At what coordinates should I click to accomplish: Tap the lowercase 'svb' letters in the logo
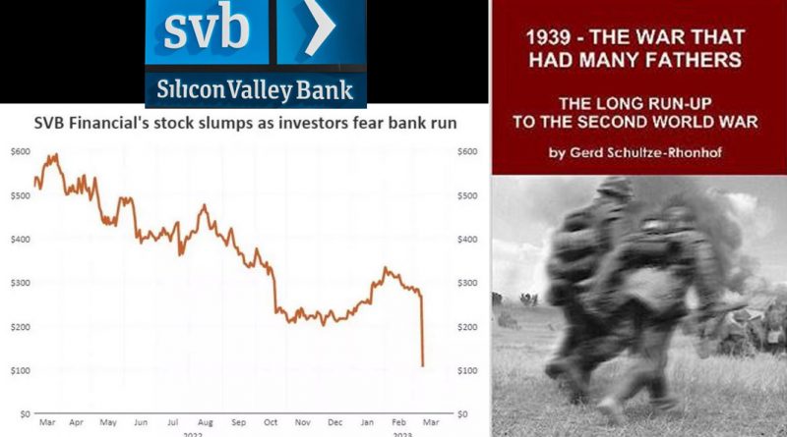[207, 29]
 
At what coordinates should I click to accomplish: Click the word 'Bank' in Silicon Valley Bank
[325, 90]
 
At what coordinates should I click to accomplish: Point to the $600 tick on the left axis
[21, 151]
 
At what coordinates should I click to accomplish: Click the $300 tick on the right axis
[466, 283]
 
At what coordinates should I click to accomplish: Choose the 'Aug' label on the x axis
[206, 422]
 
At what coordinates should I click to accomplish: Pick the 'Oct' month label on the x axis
[271, 422]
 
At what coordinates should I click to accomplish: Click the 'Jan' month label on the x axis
[367, 422]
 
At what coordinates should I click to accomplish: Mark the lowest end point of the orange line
[423, 366]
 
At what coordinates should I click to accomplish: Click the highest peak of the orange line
[56, 155]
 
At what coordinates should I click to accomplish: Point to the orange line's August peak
[205, 205]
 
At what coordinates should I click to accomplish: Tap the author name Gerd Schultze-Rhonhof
[645, 152]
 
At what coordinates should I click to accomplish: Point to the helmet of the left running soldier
[613, 189]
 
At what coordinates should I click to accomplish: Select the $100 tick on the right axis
[466, 370]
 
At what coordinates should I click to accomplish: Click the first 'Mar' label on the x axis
[47, 422]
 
